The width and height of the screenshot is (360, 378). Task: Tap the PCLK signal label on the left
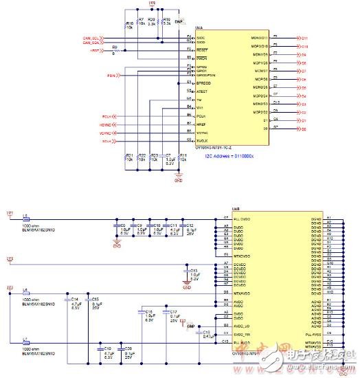tap(106, 117)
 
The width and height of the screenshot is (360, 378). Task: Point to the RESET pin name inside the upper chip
tap(202, 49)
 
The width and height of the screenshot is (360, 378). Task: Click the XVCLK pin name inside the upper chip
tap(203, 140)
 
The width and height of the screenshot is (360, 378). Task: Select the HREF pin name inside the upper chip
tap(201, 124)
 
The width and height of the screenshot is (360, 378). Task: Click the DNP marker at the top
tap(179, 23)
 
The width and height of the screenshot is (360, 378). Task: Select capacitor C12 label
tap(190, 225)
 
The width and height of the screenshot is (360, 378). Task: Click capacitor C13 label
tap(194, 270)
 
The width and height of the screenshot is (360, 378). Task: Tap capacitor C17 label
tap(173, 312)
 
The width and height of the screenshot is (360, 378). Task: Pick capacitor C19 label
tap(108, 348)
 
